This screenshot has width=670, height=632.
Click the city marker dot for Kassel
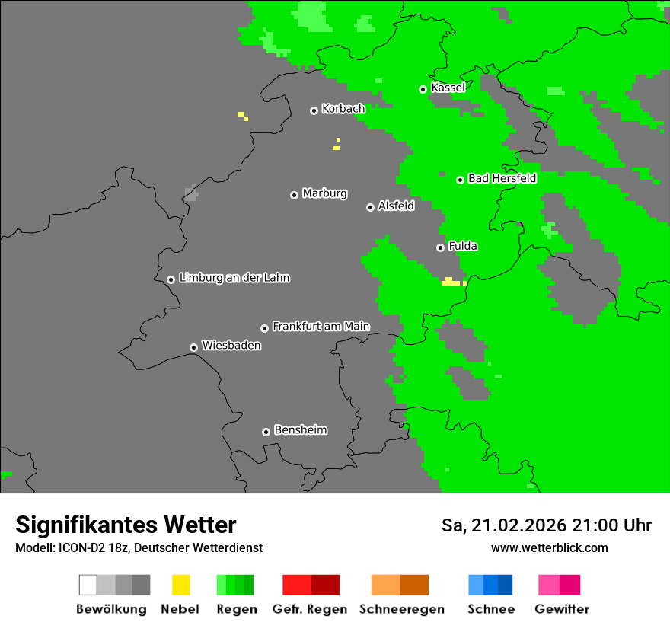(x=423, y=89)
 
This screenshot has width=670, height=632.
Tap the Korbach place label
(x=343, y=109)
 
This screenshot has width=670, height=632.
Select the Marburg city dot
(x=294, y=195)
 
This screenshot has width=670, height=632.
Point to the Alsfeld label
(x=396, y=206)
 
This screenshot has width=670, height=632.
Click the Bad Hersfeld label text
(x=502, y=178)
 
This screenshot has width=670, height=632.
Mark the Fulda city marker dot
(x=440, y=247)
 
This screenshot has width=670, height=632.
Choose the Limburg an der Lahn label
(x=234, y=278)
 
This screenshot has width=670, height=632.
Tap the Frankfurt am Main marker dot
(x=264, y=328)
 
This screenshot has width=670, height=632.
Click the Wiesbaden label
(x=231, y=346)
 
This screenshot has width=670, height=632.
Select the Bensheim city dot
(x=266, y=432)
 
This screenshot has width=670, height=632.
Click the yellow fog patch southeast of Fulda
(x=451, y=282)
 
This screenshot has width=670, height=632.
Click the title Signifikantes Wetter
(x=126, y=525)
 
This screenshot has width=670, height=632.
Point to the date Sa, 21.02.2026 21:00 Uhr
(x=547, y=525)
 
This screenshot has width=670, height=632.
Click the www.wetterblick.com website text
(x=549, y=547)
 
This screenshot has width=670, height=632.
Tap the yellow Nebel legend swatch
(x=180, y=585)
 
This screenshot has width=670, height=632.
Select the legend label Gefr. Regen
(x=310, y=609)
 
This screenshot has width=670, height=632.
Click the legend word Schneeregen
(x=401, y=609)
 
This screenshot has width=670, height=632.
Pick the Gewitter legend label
(x=562, y=609)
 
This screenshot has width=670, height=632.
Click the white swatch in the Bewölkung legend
(x=88, y=585)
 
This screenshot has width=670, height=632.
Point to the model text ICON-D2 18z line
(x=139, y=547)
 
